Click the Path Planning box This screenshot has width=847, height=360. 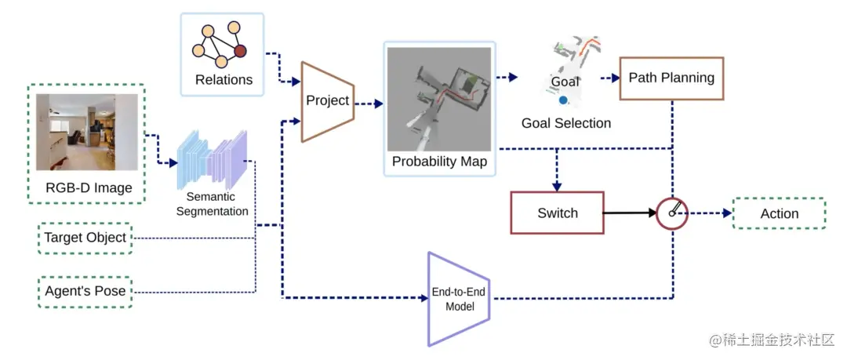pyautogui.click(x=671, y=78)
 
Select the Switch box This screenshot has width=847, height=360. pyautogui.click(x=557, y=213)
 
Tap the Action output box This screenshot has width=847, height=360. pyautogui.click(x=779, y=213)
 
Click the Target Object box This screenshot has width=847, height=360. pyautogui.click(x=85, y=238)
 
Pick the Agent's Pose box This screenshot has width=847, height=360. pyautogui.click(x=85, y=292)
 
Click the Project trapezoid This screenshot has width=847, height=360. pyautogui.click(x=327, y=101)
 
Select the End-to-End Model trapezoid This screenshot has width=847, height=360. pyautogui.click(x=459, y=299)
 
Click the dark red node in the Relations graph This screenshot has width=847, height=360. pyautogui.click(x=241, y=51)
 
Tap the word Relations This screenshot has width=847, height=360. pyautogui.click(x=224, y=80)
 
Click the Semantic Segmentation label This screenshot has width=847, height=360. pyautogui.click(x=213, y=205)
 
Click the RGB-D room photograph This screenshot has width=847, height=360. pyautogui.click(x=87, y=133)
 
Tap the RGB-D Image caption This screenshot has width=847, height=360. pyautogui.click(x=89, y=188)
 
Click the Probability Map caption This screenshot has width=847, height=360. pyautogui.click(x=440, y=162)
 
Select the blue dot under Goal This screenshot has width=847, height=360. pyautogui.click(x=563, y=100)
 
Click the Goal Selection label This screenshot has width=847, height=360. pyautogui.click(x=566, y=123)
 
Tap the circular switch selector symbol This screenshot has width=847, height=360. pyautogui.click(x=672, y=213)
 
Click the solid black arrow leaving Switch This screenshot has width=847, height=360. pyautogui.click(x=630, y=213)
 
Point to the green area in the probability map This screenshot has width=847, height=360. pyautogui.click(x=473, y=82)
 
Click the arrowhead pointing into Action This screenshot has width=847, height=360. pyautogui.click(x=728, y=213)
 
